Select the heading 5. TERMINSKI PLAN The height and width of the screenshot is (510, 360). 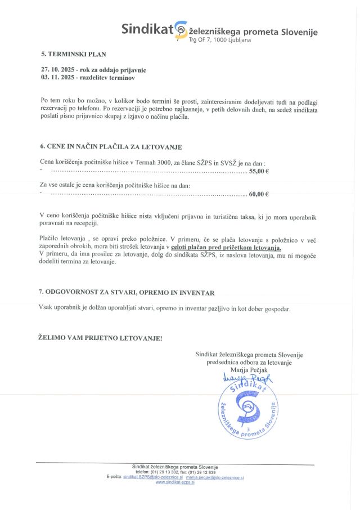click(x=74, y=54)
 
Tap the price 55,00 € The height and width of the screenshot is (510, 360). click(x=259, y=171)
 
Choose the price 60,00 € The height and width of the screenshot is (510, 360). click(x=259, y=194)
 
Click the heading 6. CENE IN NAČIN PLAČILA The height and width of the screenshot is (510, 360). click(x=111, y=146)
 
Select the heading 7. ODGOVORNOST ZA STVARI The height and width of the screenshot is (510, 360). click(x=126, y=293)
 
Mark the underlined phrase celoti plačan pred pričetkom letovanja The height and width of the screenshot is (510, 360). click(x=226, y=248)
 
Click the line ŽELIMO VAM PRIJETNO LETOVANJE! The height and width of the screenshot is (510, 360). click(x=100, y=338)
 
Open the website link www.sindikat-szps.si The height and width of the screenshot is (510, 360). click(x=175, y=482)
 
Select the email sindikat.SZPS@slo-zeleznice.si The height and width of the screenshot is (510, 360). click(x=153, y=477)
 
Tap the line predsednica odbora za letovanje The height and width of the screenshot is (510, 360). click(x=249, y=363)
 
